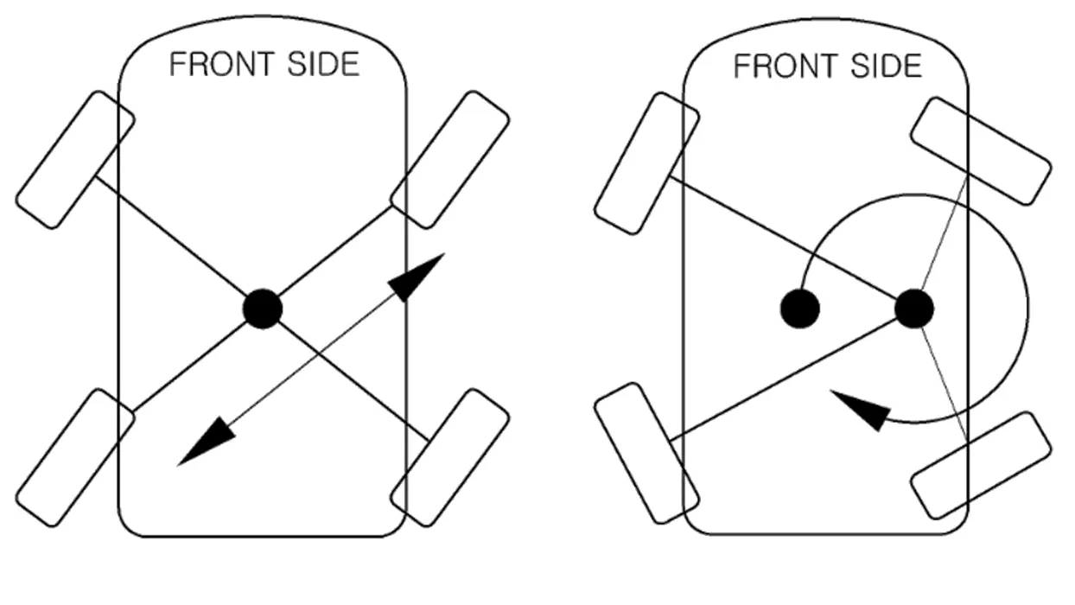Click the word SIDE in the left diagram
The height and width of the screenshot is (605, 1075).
pos(323,64)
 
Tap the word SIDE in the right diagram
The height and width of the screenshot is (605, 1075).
pos(886,67)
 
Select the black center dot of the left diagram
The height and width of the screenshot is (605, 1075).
pos(263,309)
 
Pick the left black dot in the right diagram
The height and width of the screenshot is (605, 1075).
pos(800,309)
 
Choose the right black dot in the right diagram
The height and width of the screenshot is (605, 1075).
pos(914,309)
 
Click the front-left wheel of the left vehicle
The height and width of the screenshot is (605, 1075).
pos(75,160)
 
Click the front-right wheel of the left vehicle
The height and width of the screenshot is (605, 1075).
pos(449,160)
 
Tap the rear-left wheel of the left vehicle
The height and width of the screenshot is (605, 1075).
pos(75,457)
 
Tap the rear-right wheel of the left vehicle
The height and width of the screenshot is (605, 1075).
pos(449,457)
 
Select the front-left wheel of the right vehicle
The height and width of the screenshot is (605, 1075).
pos(646,163)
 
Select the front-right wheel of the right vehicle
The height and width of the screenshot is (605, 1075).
pos(982,151)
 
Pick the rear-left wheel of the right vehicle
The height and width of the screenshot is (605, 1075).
pos(646,453)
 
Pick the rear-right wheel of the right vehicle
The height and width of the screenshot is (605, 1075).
pos(982,466)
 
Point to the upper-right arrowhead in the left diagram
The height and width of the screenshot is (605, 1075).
pos(415,277)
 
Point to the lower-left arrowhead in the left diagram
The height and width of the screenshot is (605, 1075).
pos(207,442)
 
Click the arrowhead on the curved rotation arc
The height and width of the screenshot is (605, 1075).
pos(861,411)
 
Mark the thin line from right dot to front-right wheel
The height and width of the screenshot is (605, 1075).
pos(944,233)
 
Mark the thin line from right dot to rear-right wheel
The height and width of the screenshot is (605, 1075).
pos(944,384)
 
